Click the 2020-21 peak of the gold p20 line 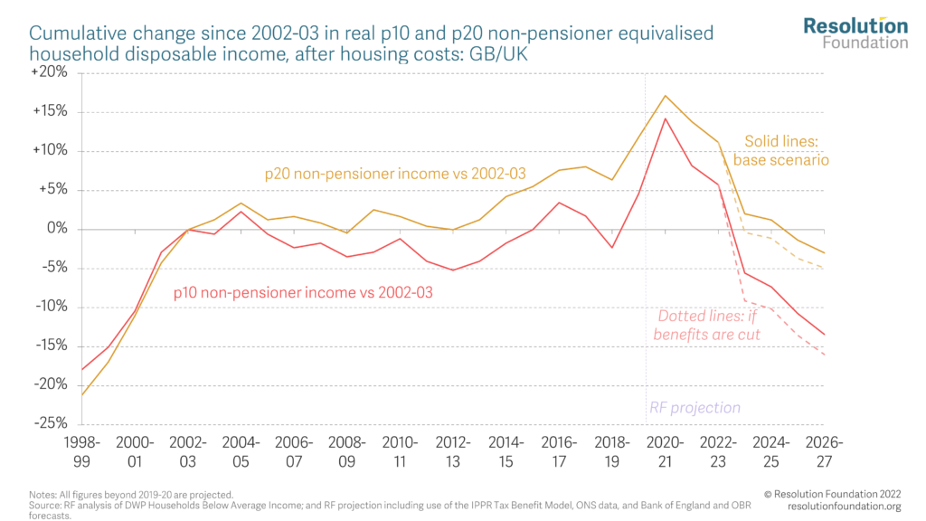666,96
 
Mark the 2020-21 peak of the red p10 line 666,118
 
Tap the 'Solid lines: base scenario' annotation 781,150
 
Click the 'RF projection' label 694,408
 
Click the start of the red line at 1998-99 82,369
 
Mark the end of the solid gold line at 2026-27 823,252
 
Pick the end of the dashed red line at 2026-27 823,355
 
